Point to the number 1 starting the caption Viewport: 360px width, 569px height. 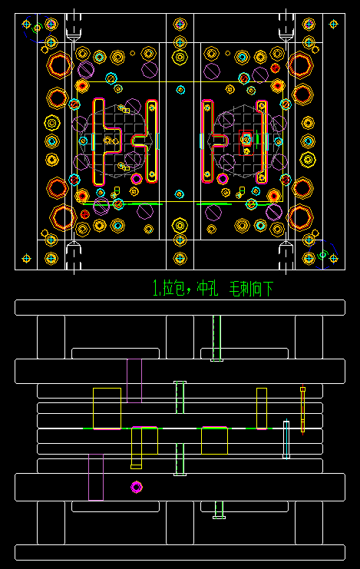tap(156, 289)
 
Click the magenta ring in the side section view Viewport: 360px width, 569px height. tap(137, 487)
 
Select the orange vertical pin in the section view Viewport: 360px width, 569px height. tap(302, 409)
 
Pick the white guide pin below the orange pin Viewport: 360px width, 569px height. tap(286, 439)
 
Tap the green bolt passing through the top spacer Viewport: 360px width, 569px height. tap(216, 338)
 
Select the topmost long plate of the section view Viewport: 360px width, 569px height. tap(180, 307)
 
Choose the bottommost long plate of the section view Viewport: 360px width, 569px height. tap(180, 552)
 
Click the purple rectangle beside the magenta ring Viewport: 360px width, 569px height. tap(96, 477)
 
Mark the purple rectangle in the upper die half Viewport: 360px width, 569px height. tap(134, 381)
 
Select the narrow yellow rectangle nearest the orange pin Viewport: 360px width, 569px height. tap(262, 408)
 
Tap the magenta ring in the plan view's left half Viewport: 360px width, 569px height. tap(137, 179)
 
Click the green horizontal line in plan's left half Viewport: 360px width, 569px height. tap(144, 204)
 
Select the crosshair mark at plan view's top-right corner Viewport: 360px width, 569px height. tap(333, 24)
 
